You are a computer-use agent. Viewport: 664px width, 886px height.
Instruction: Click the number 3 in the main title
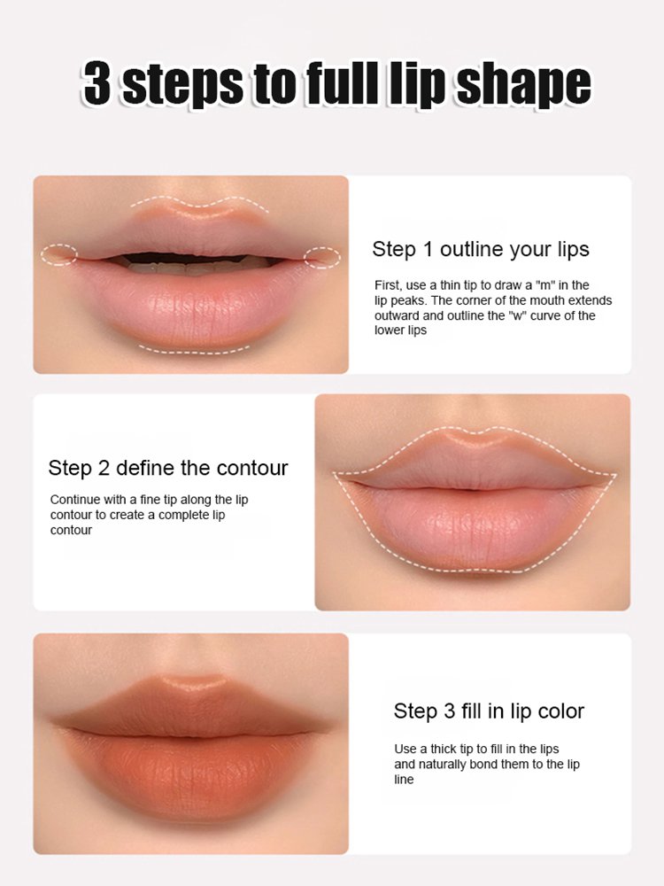click(99, 85)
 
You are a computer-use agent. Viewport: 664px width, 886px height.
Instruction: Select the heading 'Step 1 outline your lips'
click(481, 249)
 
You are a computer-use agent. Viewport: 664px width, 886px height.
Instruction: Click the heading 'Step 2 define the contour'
click(168, 468)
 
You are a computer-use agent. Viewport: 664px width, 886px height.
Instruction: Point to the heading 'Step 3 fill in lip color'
click(489, 711)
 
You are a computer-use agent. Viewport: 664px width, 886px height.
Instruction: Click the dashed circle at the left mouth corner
click(59, 255)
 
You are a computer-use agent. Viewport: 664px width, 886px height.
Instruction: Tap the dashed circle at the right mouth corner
click(322, 257)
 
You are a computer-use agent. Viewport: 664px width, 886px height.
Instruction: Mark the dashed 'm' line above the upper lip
click(199, 203)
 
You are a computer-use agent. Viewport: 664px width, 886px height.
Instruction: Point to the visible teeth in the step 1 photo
click(195, 262)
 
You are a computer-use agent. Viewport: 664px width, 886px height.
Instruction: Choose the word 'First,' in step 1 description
click(387, 285)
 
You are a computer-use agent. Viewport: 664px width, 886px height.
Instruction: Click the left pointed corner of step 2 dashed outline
click(336, 475)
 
